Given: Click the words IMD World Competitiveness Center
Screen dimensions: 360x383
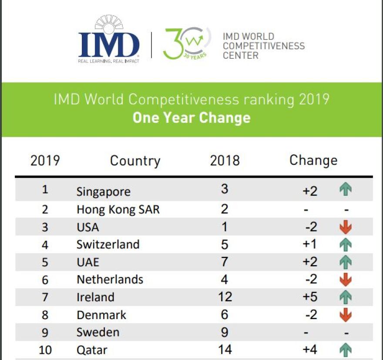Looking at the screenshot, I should click(x=263, y=46).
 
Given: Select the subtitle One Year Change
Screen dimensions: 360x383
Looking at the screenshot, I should click(x=191, y=118).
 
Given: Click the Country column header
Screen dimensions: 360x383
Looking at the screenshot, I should click(x=135, y=161).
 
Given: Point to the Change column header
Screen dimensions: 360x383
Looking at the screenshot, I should click(x=313, y=160).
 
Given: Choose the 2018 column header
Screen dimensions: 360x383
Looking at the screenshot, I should click(x=225, y=160).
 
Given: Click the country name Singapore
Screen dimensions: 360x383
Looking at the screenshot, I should click(x=103, y=191).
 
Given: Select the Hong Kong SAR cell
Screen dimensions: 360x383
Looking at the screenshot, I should click(x=118, y=209).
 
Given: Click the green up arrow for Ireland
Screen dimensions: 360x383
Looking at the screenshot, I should click(x=346, y=297).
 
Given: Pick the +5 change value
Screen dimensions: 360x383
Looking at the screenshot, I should click(x=310, y=297).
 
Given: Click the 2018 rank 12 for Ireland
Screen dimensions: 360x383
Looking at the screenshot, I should click(x=225, y=297).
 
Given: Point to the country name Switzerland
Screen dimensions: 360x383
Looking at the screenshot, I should click(x=108, y=244).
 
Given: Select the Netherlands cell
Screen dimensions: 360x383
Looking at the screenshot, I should click(x=110, y=279).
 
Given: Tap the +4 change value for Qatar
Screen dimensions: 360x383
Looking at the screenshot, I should click(x=310, y=350).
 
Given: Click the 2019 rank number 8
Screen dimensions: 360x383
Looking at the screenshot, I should click(x=45, y=315).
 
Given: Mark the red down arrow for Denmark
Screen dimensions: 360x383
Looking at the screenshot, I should click(x=346, y=314).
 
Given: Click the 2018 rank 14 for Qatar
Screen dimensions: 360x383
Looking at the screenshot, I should click(x=225, y=350).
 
